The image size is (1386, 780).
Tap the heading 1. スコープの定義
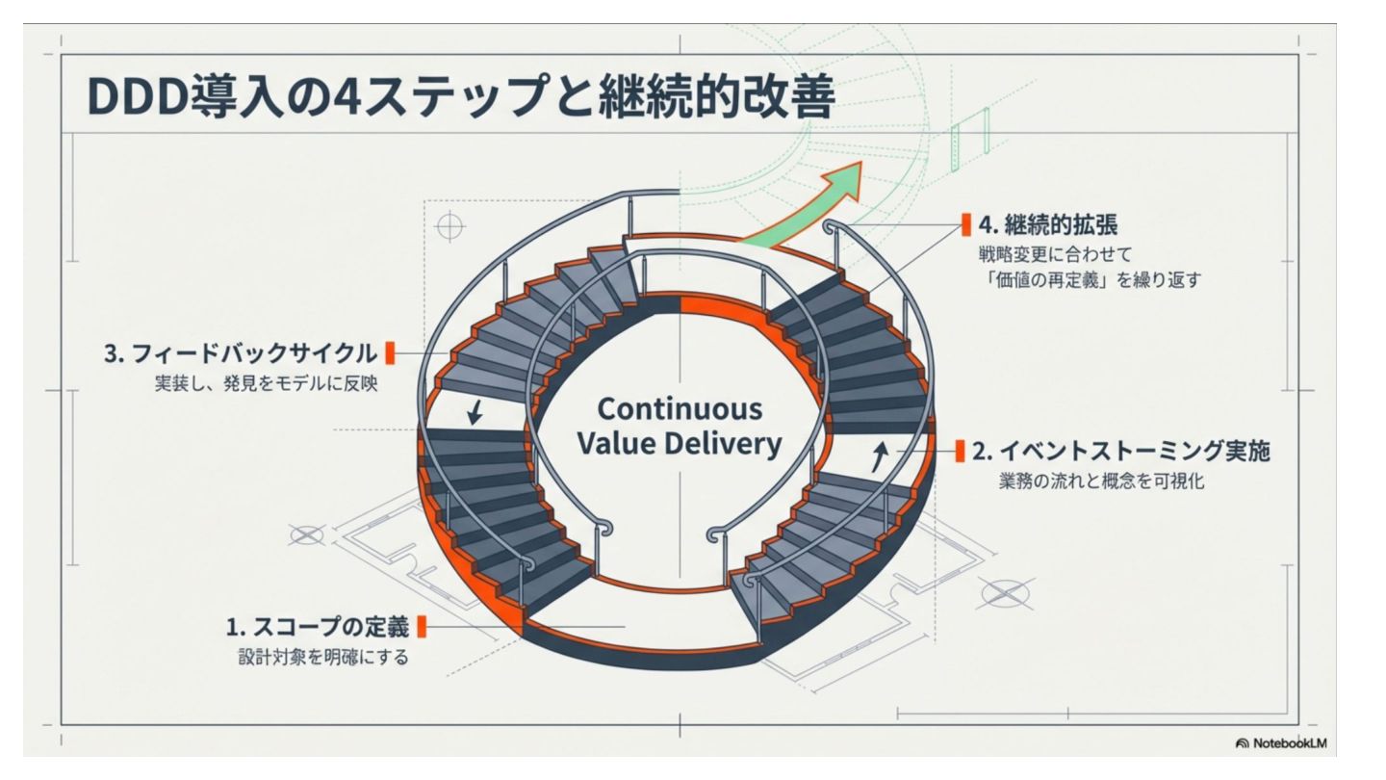(317, 628)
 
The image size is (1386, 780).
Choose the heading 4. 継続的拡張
(1048, 224)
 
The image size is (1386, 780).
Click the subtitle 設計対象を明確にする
(323, 660)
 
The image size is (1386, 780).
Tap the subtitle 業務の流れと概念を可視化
(1101, 481)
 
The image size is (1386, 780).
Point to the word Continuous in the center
(680, 408)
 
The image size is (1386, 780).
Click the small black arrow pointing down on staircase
(475, 413)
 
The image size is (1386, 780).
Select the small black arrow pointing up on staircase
(879, 455)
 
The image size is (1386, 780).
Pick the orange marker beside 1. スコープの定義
(422, 628)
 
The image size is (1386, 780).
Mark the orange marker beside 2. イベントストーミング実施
(960, 451)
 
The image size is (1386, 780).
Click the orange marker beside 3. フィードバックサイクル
(390, 352)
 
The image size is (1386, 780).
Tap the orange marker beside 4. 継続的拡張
(965, 224)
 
